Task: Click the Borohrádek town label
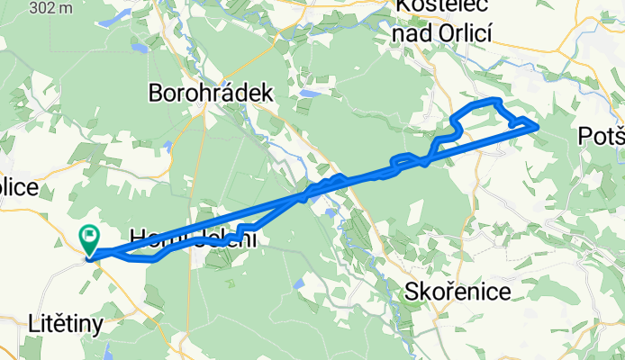point(211,92)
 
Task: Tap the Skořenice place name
point(458,292)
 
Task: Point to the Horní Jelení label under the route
point(194,238)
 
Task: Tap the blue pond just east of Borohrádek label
point(308,93)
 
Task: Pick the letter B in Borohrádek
point(155,92)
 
